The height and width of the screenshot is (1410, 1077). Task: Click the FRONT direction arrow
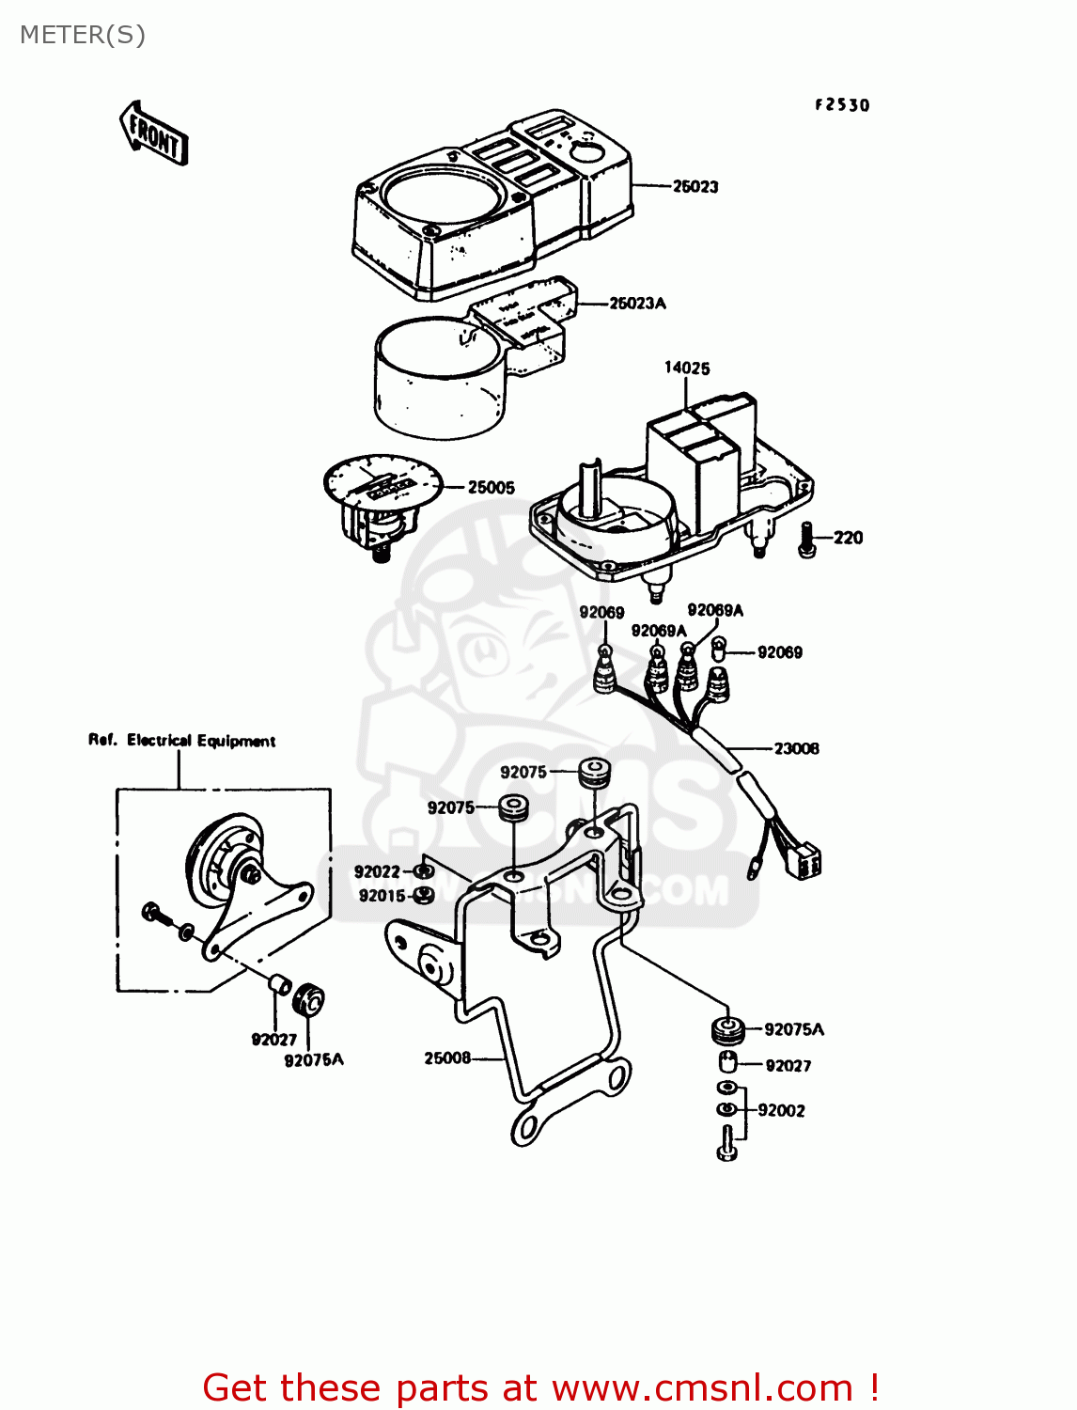(153, 133)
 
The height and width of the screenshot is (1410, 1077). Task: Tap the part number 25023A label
(637, 303)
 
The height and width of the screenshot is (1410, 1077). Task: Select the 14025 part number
(687, 368)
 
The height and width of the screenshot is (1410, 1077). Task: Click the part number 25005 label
(491, 487)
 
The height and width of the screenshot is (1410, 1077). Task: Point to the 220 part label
(848, 538)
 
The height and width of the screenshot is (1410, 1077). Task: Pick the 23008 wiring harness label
(796, 748)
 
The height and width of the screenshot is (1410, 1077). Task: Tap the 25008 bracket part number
(447, 1057)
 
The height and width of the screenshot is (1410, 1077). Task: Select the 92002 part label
(781, 1110)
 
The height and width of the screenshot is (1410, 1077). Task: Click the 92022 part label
(377, 871)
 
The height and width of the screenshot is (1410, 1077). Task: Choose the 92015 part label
(382, 896)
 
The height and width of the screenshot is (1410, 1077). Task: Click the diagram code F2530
(842, 105)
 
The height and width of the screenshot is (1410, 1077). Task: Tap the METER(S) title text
(83, 35)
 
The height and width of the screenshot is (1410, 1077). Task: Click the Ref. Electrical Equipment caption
(181, 741)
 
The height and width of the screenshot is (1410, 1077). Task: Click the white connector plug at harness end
(806, 862)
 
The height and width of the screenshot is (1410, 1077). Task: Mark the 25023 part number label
(695, 186)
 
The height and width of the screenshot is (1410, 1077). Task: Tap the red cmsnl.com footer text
(540, 1387)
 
